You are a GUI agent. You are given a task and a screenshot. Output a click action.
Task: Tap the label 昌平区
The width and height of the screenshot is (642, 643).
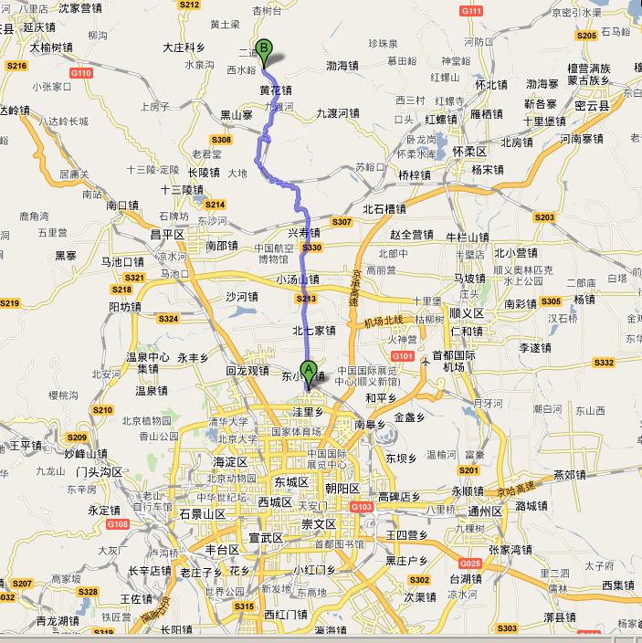167,234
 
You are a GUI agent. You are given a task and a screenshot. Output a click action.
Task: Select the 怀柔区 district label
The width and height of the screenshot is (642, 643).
469,150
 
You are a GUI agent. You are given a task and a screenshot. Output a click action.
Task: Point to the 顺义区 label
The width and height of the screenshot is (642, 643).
466,311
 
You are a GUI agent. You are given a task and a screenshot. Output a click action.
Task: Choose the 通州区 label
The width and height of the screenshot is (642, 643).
485,511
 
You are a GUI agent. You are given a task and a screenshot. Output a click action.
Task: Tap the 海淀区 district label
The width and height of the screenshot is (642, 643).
230,462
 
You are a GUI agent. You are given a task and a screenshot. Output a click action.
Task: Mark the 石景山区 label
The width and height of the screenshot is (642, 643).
202,514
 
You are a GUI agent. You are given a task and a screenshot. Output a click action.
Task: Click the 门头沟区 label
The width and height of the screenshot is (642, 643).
100,471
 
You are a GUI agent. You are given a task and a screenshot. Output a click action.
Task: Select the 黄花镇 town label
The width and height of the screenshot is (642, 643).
276,90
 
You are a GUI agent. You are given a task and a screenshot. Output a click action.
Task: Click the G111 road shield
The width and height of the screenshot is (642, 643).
472,11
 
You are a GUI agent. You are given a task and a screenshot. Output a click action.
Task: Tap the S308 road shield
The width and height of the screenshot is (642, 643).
222,139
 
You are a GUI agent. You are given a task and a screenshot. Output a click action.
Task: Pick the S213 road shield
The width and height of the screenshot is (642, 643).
305,298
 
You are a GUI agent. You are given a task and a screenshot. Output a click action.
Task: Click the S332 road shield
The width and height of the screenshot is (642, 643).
604,363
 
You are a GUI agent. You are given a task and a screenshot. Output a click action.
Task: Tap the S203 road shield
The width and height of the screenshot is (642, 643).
544,217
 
